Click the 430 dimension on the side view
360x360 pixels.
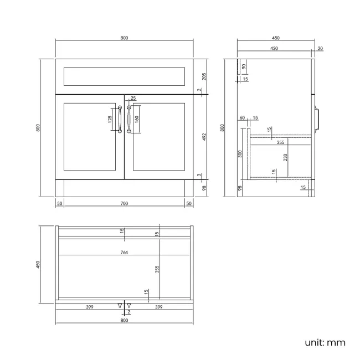tap(274, 49)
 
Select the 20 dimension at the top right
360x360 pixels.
tap(321, 49)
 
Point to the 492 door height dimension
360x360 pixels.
tap(204, 136)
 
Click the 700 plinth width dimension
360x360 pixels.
tap(124, 204)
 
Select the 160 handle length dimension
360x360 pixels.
tap(137, 119)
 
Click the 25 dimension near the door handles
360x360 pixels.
tap(133, 99)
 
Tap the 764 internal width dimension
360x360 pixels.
tap(124, 252)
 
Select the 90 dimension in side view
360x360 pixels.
tap(245, 67)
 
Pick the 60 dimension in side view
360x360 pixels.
tap(242, 118)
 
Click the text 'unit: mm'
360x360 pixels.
tap(325, 342)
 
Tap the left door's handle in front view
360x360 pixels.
tap(119, 119)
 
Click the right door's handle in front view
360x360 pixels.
tap(129, 119)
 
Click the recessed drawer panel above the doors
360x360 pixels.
tap(124, 76)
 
